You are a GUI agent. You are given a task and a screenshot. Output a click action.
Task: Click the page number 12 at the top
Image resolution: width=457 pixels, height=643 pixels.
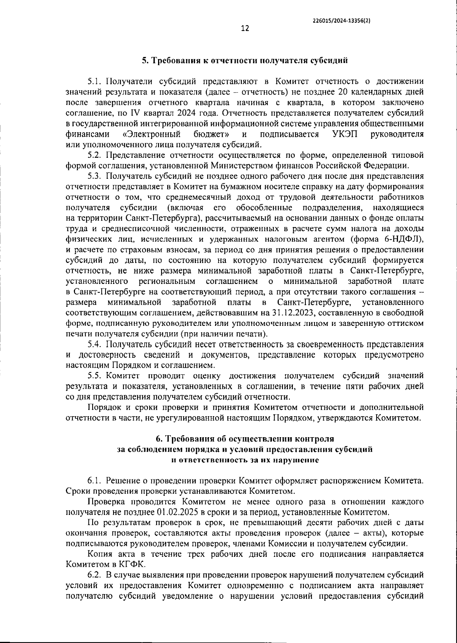(245, 29)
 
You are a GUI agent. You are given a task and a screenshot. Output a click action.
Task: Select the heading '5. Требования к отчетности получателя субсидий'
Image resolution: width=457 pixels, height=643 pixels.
(245, 60)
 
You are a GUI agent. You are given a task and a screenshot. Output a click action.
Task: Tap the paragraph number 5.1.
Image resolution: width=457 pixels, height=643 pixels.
(95, 81)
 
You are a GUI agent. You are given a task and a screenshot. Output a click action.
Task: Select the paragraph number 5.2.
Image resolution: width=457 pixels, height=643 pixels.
(95, 155)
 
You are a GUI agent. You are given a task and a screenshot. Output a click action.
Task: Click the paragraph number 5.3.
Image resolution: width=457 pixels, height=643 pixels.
(95, 176)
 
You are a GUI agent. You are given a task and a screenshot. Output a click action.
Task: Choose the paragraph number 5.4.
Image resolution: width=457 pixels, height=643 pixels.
(95, 345)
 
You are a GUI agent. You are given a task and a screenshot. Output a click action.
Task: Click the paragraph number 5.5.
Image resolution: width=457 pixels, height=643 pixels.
(95, 376)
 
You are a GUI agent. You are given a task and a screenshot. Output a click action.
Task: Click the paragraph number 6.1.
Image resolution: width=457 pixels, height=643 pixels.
(95, 480)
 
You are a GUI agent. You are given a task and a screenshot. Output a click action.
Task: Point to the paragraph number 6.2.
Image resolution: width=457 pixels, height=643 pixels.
(95, 574)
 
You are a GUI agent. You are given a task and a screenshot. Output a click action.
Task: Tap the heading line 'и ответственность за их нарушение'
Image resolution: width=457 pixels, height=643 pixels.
(245, 460)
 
